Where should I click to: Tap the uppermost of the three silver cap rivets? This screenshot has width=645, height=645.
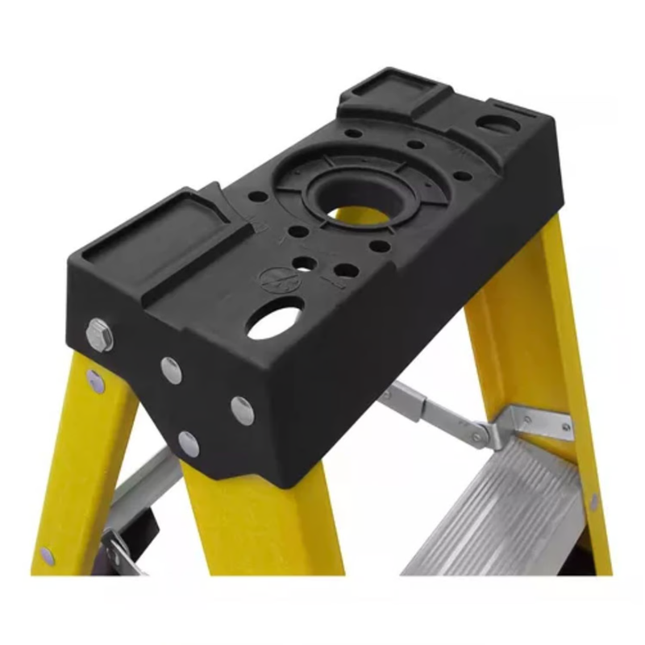click(x=171, y=369)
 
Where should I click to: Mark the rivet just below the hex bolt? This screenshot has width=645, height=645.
click(x=96, y=381)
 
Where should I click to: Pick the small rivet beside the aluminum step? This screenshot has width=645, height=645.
click(x=594, y=502)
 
